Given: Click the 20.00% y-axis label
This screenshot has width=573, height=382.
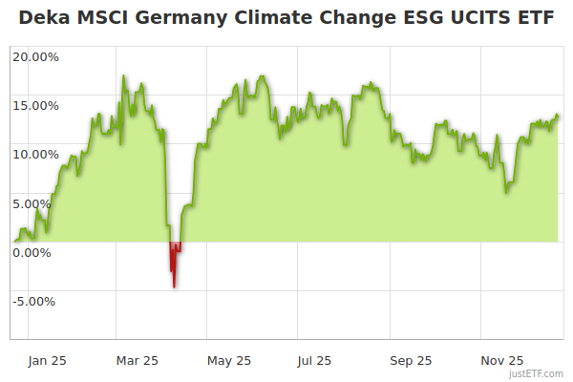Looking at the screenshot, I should pos(35,56).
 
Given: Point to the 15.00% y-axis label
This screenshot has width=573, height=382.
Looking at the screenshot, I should pos(35,105).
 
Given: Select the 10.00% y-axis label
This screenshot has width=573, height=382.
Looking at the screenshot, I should pos(35,154).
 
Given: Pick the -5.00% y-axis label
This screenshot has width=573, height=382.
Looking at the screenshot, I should pos(35,302).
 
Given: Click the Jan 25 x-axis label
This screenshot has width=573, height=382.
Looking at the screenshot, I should pos(47,360).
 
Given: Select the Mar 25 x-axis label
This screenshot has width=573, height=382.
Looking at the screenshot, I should pos(138,360).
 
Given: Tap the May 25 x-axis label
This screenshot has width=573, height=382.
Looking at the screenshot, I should pos(229,360).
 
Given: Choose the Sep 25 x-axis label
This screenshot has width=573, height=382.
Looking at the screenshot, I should pos(411,360).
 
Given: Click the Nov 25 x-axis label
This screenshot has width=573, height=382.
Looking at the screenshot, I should pos(502,360).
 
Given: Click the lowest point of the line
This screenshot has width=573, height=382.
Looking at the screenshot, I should pos(174,286).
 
